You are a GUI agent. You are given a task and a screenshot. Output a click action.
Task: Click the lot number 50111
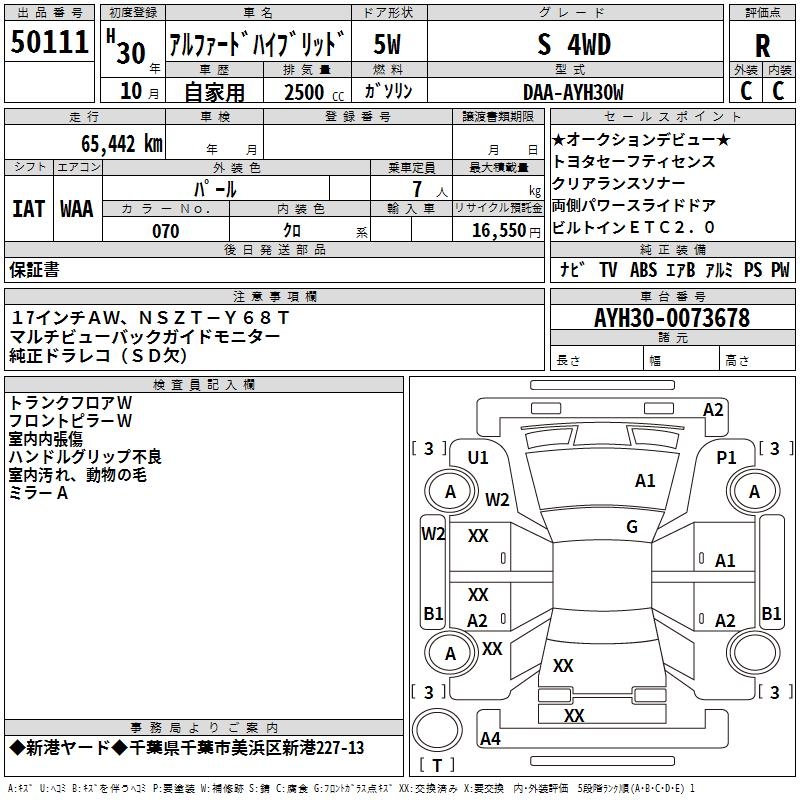coord(51,43)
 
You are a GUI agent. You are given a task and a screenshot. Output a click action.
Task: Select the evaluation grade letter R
coord(762,46)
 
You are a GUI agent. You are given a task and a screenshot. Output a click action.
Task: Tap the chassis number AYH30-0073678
coord(671,318)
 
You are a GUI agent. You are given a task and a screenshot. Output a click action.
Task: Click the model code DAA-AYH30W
coord(573,92)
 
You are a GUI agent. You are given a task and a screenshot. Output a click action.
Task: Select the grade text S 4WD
coord(573,45)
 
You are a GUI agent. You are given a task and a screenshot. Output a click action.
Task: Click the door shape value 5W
coord(388,45)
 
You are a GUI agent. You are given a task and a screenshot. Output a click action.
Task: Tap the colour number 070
coord(165,231)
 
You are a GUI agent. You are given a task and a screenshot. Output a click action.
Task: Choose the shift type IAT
coord(28,208)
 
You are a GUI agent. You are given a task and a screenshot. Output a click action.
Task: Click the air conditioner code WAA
coord(76,208)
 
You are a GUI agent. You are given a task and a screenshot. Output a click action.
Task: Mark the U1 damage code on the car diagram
coord(478,457)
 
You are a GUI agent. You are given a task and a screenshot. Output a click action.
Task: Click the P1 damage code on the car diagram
coord(727,457)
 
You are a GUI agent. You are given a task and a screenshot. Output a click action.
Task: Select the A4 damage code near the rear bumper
coord(490,739)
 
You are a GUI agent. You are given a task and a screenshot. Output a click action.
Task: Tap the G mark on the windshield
coord(632,526)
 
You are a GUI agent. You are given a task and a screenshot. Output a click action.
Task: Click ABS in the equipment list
coord(643,270)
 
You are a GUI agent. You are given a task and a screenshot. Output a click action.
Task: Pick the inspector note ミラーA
coord(38,493)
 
